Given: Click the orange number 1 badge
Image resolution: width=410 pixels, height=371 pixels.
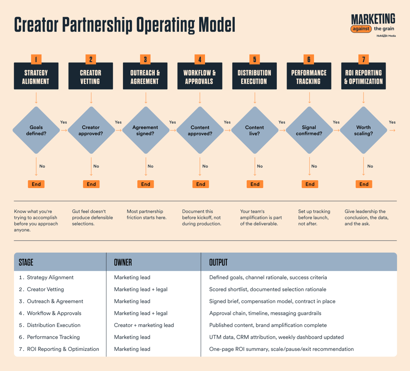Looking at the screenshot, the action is [36, 59].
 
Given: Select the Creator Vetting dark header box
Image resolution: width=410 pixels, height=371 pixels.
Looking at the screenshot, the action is [91, 76].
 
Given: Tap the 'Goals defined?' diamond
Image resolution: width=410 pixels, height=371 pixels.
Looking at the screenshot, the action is [36, 130].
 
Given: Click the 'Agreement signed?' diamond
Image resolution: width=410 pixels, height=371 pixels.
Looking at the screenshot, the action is [145, 130].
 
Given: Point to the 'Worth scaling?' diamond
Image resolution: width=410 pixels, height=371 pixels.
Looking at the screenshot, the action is [363, 130].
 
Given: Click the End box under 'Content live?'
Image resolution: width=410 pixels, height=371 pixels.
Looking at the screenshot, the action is [255, 184].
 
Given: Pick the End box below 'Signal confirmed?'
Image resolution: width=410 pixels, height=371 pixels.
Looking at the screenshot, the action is [310, 184].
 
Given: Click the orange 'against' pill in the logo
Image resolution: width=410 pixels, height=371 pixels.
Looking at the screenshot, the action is [361, 29].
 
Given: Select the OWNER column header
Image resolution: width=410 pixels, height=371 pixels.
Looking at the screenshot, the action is [123, 262].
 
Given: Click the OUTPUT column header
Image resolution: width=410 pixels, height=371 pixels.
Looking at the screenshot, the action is [218, 262].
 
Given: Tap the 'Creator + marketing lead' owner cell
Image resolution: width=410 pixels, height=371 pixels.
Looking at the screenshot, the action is [144, 325].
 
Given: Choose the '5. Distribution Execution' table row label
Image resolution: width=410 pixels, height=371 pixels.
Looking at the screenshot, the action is [50, 325].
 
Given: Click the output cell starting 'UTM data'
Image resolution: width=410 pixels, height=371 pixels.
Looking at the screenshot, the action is [276, 337].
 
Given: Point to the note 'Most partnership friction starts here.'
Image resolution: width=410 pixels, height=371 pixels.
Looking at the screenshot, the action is [147, 214].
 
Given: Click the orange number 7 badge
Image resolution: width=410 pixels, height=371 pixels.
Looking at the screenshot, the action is [363, 59].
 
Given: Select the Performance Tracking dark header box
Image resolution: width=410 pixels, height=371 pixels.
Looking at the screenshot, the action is [309, 76].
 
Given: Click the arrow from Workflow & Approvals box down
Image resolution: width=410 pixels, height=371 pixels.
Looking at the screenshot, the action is [200, 98].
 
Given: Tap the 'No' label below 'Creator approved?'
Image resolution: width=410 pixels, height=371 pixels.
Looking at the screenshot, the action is [96, 166].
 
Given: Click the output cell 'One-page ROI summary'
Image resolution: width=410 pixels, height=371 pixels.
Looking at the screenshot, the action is [281, 349].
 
